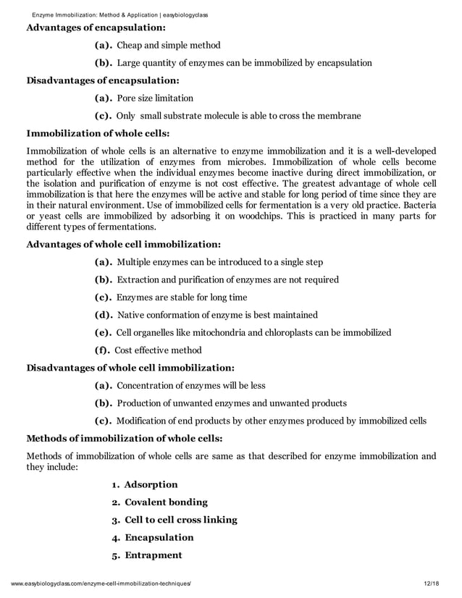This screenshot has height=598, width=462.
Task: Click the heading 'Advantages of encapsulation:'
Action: click(x=96, y=28)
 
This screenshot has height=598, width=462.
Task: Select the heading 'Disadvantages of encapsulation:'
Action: click(x=103, y=80)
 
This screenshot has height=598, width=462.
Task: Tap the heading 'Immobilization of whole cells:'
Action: click(x=98, y=133)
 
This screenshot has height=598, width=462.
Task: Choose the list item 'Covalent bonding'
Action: click(x=166, y=502)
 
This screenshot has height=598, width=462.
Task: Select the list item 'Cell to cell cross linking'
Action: click(x=180, y=520)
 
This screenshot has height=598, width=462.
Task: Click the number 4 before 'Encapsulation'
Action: click(x=115, y=538)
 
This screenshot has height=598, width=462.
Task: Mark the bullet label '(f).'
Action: click(x=103, y=350)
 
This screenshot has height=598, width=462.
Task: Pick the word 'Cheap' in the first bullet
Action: click(x=130, y=46)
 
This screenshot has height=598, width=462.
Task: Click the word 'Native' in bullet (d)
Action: click(x=131, y=315)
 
